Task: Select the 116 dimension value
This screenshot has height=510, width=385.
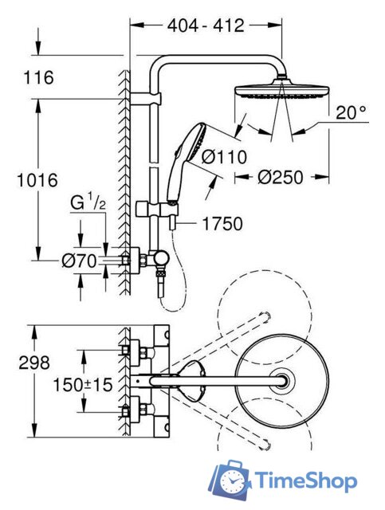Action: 38,77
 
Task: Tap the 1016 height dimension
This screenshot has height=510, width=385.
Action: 37,180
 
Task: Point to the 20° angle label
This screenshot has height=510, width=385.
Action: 351,113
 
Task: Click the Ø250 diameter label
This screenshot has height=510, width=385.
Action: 281,177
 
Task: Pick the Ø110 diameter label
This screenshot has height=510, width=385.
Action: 224,156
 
